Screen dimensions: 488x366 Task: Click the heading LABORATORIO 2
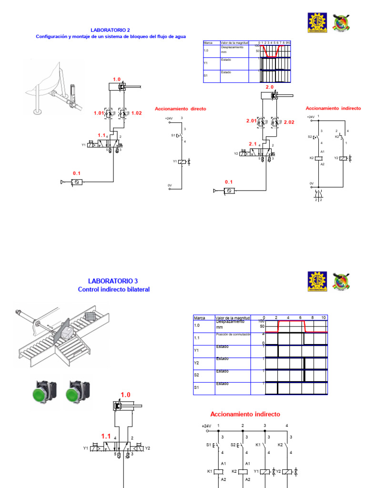pyautogui.click(x=110, y=30)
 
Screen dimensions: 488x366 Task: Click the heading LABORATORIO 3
pyautogui.click(x=113, y=281)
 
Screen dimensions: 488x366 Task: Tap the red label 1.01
pyautogui.click(x=99, y=113)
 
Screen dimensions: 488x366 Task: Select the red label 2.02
pyautogui.click(x=289, y=122)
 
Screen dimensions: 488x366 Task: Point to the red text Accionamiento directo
pyautogui.click(x=180, y=109)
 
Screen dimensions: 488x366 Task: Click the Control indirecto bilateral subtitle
pyautogui.click(x=113, y=289)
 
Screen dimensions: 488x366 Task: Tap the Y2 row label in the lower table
pyautogui.click(x=196, y=363)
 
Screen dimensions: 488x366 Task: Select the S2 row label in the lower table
pyautogui.click(x=196, y=376)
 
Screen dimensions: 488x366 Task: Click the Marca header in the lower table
pyautogui.click(x=199, y=318)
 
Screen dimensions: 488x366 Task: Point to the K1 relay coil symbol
pyautogui.click(x=218, y=471)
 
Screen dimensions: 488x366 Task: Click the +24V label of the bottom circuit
pyautogui.click(x=206, y=426)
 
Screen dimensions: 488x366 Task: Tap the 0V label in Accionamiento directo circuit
pyautogui.click(x=169, y=185)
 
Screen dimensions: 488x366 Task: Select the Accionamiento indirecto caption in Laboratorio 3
pyautogui.click(x=245, y=414)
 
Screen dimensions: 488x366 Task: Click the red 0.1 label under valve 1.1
pyautogui.click(x=77, y=173)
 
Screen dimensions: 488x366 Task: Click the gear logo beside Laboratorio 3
pyautogui.click(x=316, y=281)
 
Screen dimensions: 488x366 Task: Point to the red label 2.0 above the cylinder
pyautogui.click(x=269, y=87)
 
